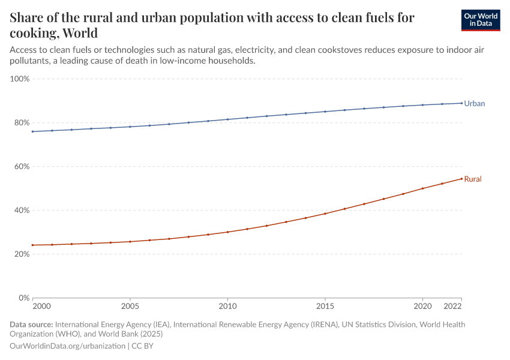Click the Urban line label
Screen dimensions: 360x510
point(474,103)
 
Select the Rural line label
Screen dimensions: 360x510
point(473,179)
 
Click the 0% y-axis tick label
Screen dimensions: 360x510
point(23,298)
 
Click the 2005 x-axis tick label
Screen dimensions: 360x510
point(130,307)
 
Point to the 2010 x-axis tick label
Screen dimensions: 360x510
point(227,307)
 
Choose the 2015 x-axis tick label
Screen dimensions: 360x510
point(325,307)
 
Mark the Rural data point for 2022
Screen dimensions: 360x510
point(461,178)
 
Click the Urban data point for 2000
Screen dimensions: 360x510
point(32,131)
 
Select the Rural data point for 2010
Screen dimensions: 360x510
point(227,232)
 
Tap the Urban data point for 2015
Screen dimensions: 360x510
point(325,112)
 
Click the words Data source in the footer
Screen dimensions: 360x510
point(31,325)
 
